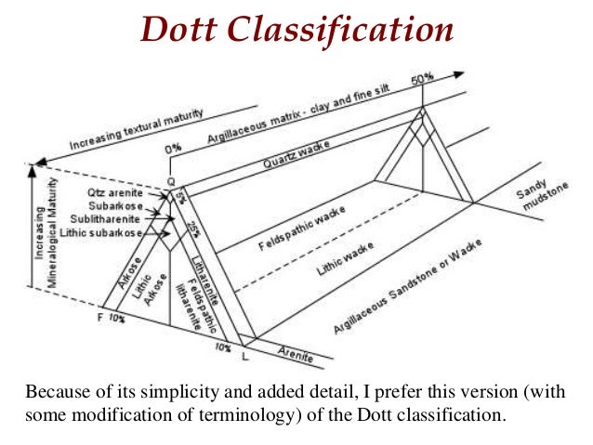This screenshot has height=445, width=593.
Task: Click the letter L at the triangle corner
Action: tap(244, 356)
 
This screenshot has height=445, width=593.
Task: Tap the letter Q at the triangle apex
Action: tap(170, 182)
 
